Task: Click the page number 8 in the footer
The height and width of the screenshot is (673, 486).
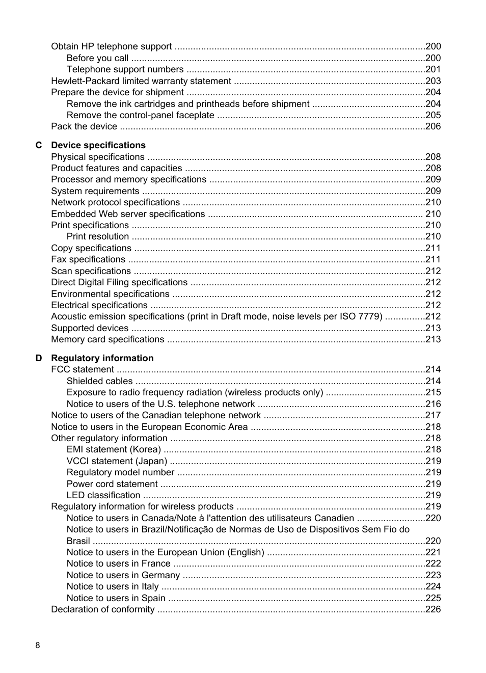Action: [x=37, y=645]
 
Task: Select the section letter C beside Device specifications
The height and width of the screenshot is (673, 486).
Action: [x=39, y=145]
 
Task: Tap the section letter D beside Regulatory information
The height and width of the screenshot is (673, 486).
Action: [x=39, y=358]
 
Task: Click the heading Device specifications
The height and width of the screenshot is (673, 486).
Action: [x=98, y=145]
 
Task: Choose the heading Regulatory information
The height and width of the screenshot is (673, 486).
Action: [x=102, y=358]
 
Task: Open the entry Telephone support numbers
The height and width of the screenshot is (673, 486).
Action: [x=125, y=69]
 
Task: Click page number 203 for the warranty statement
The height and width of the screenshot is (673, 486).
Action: [x=433, y=81]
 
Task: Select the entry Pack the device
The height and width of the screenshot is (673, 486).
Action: [x=84, y=126]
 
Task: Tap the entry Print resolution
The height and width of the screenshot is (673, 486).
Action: [x=98, y=236]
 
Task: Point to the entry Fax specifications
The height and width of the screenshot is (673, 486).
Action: [x=88, y=259]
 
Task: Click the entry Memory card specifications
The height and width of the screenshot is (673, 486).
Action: [x=107, y=339]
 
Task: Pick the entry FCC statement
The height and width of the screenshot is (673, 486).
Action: [x=83, y=369]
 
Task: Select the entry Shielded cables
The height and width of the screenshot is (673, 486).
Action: [x=99, y=381]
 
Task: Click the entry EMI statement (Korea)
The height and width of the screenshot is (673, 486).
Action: [x=114, y=449]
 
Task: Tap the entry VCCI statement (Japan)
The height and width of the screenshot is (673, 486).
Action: [x=117, y=461]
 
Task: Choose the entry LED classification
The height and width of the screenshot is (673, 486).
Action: [x=103, y=495]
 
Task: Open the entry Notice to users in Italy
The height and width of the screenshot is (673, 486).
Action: [x=113, y=586]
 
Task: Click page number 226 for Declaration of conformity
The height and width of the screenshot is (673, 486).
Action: [x=433, y=609]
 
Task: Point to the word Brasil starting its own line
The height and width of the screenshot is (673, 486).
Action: [x=78, y=541]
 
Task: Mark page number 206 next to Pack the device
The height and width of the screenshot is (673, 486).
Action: [x=433, y=126]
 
